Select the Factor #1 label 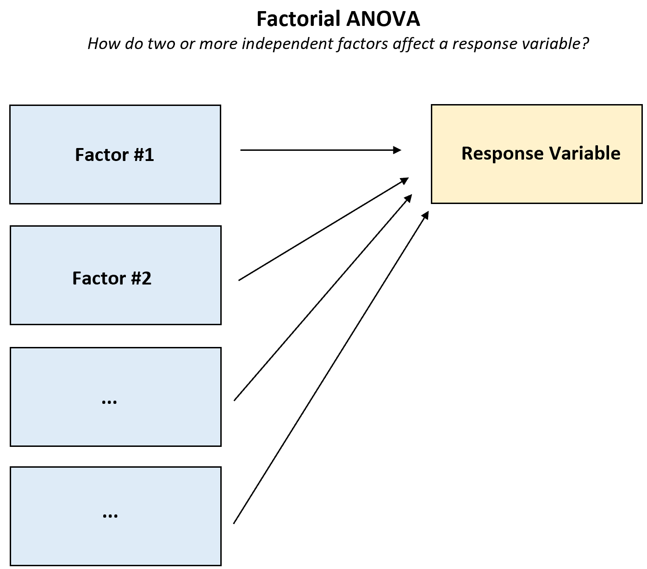pos(114,155)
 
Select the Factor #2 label pos(112,278)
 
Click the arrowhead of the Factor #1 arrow pos(398,150)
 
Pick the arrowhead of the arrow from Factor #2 pos(405,179)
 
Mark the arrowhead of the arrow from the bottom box pos(426,215)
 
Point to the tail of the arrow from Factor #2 pos(239,280)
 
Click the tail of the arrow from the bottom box pos(234,523)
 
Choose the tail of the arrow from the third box pos(235,400)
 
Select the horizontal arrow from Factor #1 pos(319,150)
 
